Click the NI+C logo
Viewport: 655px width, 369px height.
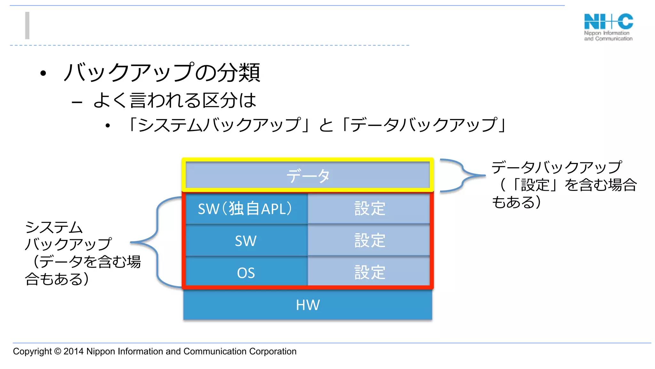[608, 27]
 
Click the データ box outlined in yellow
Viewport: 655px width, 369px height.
[308, 176]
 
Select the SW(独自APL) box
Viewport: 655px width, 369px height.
[246, 209]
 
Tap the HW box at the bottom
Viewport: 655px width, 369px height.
[308, 305]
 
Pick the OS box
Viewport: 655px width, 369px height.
[246, 273]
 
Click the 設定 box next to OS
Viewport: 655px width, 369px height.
[369, 272]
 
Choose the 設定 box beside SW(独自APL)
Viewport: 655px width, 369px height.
[369, 209]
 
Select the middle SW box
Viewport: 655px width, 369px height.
[246, 241]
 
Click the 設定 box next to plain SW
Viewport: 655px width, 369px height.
[369, 240]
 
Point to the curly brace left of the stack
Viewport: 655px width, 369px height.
[157, 242]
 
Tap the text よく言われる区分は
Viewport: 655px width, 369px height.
[175, 100]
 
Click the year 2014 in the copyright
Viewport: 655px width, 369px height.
[74, 351]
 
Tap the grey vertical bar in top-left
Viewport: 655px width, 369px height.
[28, 26]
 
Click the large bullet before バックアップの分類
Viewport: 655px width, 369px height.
[43, 73]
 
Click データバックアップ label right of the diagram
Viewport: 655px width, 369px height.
[556, 167]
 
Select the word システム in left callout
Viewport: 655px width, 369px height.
[54, 227]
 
